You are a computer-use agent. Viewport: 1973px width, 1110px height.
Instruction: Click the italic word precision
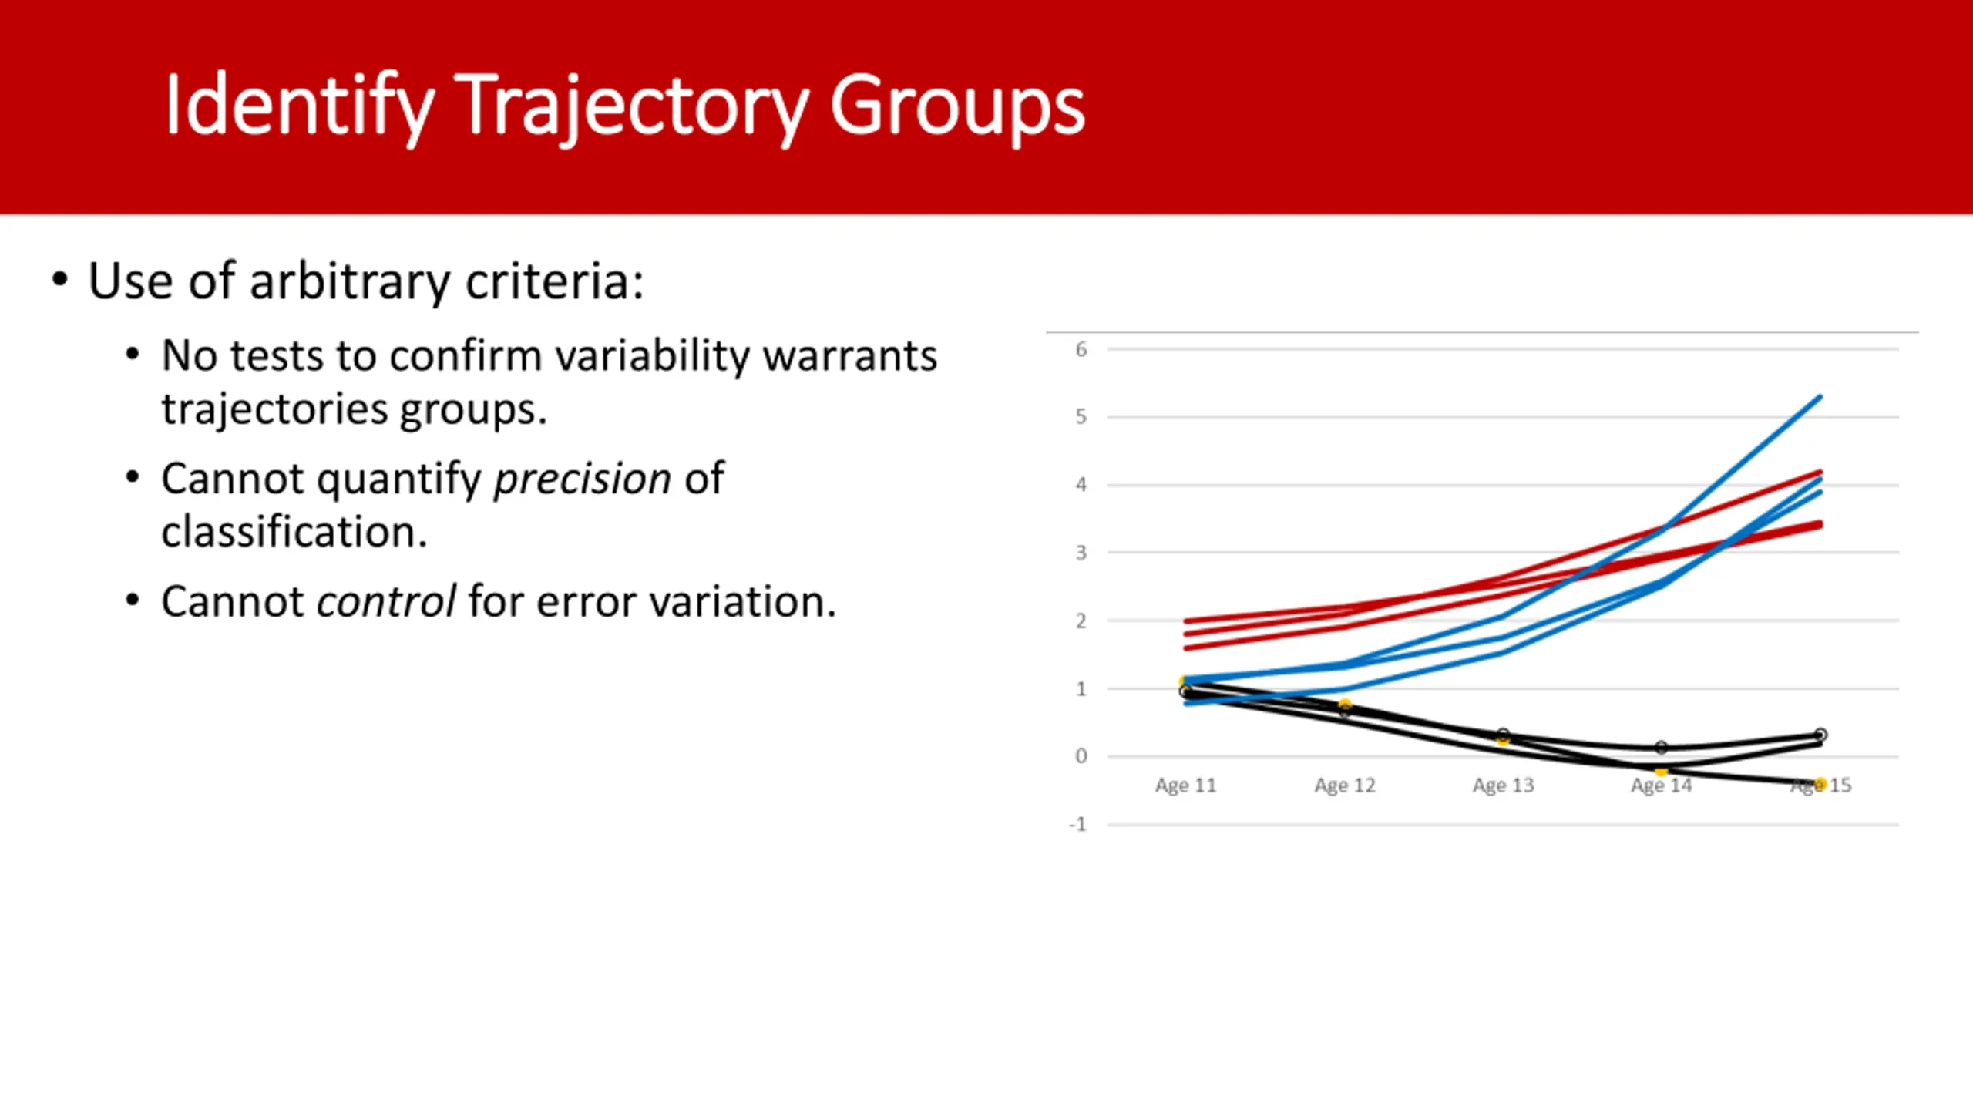pos(583,479)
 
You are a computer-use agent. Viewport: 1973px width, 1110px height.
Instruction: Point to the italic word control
pos(386,601)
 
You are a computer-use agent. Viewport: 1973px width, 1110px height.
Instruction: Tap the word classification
pos(294,532)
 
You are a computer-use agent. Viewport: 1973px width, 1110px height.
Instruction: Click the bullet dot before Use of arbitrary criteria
pos(60,279)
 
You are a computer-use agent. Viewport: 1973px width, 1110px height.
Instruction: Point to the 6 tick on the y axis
pos(1081,350)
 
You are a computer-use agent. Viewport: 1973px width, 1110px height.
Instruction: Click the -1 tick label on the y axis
pos(1078,825)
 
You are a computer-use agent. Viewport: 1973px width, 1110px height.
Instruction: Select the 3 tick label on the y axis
pos(1081,553)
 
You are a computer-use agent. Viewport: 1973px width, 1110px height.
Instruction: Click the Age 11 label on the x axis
pos(1185,785)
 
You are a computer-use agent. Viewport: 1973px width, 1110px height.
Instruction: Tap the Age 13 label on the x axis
pos(1503,785)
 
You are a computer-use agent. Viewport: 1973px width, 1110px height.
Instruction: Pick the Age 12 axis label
pos(1345,785)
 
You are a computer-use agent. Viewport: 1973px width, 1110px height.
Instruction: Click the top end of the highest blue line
pos(1820,396)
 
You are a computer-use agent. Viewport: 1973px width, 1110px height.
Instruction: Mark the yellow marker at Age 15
pos(1820,785)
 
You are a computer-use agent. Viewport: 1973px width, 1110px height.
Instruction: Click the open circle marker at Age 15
pos(1820,735)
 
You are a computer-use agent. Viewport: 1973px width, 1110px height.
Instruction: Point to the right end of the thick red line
pos(1820,524)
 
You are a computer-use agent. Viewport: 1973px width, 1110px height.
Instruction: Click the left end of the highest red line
pos(1185,621)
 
